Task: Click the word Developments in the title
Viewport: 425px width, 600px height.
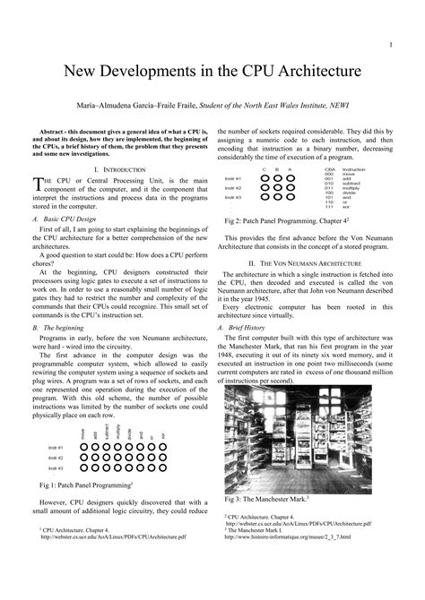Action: tap(159, 69)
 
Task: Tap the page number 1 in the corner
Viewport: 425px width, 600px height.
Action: tap(393, 44)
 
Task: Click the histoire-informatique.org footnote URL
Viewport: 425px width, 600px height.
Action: tap(288, 536)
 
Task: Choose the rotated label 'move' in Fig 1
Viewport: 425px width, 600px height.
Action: tap(84, 434)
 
